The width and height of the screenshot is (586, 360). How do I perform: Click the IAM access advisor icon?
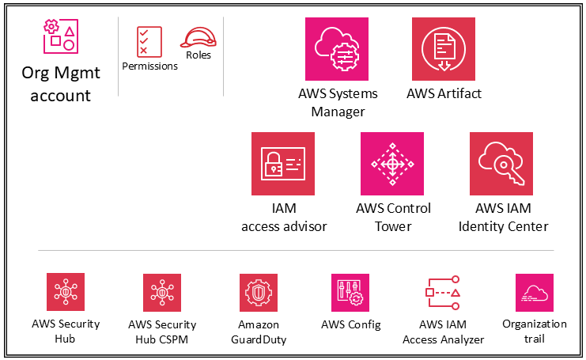(283, 164)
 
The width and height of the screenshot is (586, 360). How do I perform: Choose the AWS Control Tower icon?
(392, 164)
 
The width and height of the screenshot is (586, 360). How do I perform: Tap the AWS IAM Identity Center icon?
(501, 164)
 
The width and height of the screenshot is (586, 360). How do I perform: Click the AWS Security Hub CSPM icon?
(162, 293)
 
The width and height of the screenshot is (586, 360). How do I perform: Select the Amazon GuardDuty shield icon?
(259, 293)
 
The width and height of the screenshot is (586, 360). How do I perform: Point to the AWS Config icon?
(350, 293)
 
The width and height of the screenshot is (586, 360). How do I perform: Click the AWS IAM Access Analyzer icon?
(443, 293)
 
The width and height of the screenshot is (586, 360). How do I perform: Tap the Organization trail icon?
(534, 293)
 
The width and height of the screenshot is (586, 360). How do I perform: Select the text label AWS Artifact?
(444, 93)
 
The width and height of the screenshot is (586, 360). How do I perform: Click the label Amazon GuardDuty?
(259, 332)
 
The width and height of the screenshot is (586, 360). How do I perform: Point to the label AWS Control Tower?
(393, 217)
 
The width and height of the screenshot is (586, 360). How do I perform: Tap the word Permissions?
(149, 66)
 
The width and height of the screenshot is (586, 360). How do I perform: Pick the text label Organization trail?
(535, 331)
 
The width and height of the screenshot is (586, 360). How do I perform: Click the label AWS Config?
(350, 324)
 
